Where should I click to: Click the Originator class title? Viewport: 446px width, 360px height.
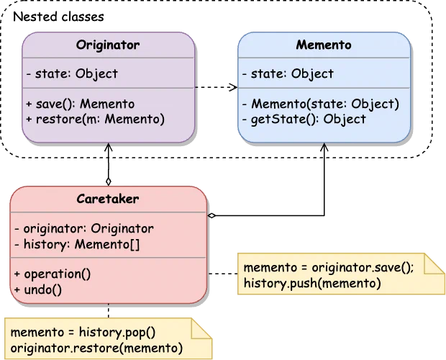coord(108,45)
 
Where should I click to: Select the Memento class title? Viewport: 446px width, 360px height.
coord(324,45)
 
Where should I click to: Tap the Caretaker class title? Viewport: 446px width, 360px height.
coord(108,199)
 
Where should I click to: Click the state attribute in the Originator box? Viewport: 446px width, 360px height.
coord(71,73)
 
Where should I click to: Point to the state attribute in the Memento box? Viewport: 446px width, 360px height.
coord(288,73)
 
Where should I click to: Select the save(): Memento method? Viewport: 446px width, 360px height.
coord(80,104)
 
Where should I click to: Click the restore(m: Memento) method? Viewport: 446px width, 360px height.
coord(95,119)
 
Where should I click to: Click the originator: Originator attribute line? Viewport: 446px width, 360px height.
coord(84,229)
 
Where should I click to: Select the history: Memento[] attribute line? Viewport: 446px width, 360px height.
coord(77,244)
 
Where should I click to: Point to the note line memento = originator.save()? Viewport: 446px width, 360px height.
coord(329,268)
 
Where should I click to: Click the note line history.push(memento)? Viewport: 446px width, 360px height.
coord(312,283)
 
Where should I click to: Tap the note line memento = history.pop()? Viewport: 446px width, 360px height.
coord(83,334)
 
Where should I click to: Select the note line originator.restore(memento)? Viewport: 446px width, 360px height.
coord(96,349)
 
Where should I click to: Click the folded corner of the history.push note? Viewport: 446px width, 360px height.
coord(434,264)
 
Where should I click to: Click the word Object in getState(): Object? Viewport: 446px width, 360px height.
coord(345,119)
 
